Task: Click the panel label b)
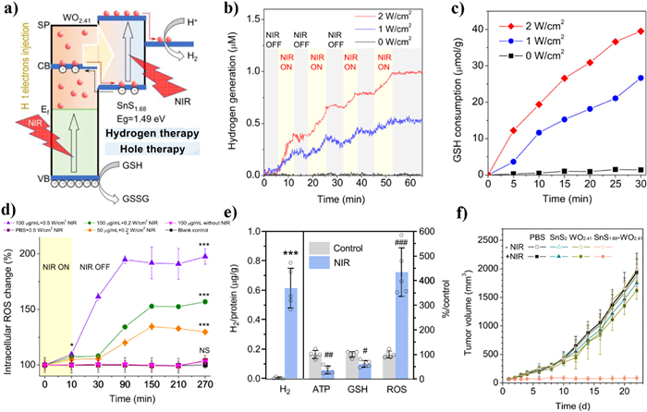(225, 10)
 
